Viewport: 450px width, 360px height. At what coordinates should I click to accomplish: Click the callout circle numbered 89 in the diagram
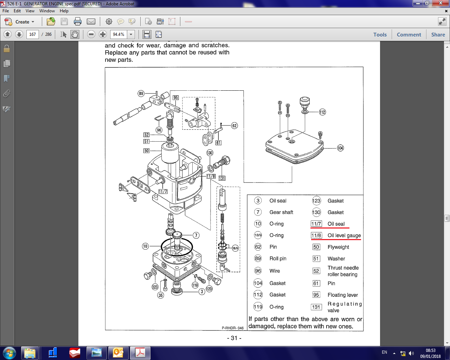[x=141, y=94]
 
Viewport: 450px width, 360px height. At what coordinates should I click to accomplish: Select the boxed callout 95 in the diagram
[x=175, y=98]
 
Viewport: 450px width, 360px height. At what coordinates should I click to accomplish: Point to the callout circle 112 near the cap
[x=322, y=112]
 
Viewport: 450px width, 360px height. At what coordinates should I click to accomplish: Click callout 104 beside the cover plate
[x=340, y=148]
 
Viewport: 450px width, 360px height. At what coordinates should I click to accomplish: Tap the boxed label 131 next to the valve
[x=222, y=178]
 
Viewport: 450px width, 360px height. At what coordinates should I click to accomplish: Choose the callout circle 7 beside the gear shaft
[x=196, y=235]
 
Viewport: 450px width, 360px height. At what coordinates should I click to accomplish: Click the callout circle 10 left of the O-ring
[x=146, y=246]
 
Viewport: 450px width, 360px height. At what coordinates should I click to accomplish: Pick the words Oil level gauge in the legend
[x=344, y=236]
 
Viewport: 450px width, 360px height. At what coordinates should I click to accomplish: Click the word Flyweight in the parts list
[x=338, y=247]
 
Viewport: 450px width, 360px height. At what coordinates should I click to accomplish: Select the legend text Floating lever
[x=342, y=295]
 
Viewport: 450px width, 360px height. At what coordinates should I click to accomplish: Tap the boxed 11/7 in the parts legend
[x=316, y=224]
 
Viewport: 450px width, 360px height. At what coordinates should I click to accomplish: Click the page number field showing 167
[x=32, y=34]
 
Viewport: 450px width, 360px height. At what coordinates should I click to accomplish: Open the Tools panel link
[x=380, y=34]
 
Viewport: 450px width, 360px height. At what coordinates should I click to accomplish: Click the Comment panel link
[x=409, y=34]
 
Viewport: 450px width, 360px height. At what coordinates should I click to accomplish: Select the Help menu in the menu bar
[x=64, y=11]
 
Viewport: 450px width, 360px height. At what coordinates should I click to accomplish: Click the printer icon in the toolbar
[x=78, y=22]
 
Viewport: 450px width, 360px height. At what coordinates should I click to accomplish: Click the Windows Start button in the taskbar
[x=9, y=353]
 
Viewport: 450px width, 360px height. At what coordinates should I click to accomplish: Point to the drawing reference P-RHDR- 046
[x=232, y=328]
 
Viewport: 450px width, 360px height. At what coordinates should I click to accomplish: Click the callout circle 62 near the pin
[x=234, y=126]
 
